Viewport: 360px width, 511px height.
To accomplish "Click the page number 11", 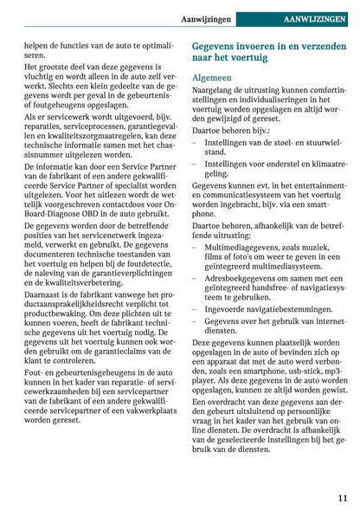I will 343,497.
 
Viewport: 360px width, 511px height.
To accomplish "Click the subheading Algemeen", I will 211,77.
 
